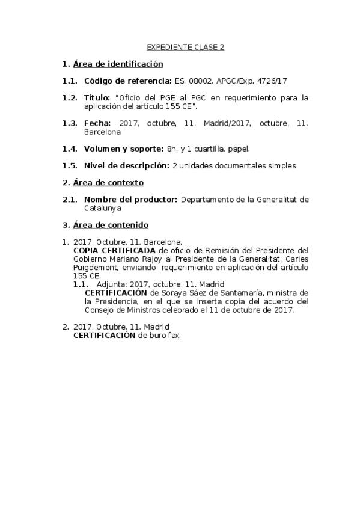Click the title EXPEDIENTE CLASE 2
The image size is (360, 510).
coord(186,47)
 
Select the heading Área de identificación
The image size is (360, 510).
coord(118,64)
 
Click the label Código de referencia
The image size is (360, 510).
coord(127,81)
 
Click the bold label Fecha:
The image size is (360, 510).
coord(97,123)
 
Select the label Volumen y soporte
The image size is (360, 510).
coord(124,148)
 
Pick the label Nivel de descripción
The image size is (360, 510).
coord(127,165)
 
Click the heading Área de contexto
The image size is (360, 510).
coord(108,182)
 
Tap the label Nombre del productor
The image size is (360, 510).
coord(130,199)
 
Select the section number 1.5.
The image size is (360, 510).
coord(70,165)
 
